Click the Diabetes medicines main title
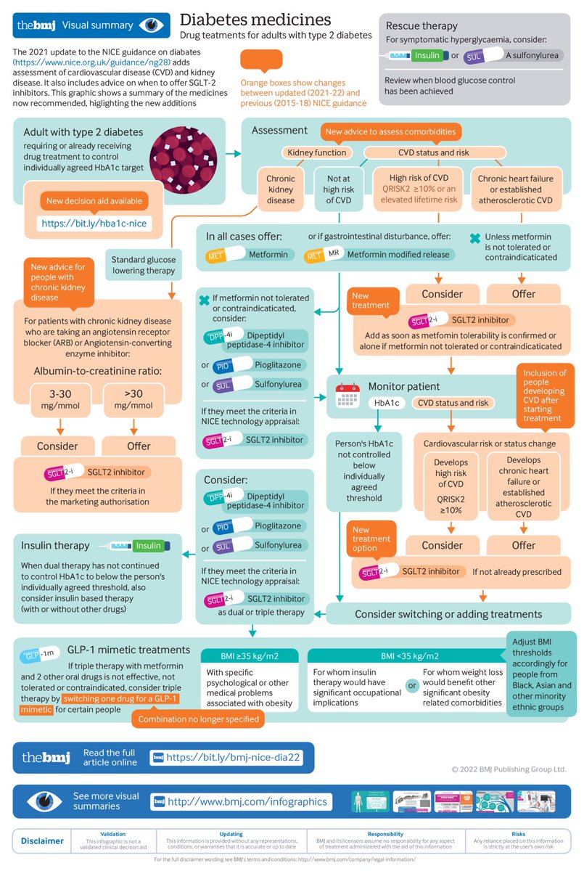255,19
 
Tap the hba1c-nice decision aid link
94,224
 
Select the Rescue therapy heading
421,26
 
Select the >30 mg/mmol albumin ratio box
129,398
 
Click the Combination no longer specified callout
198,719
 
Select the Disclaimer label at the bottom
42,841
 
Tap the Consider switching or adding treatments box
448,613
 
